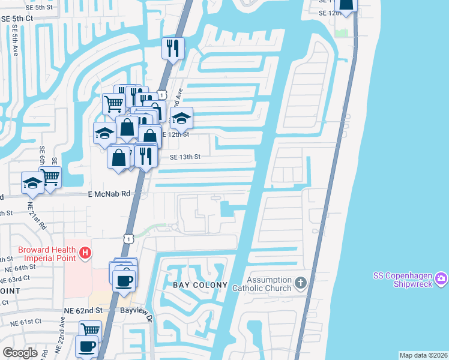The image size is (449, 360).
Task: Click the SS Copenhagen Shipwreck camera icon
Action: (x=441, y=278)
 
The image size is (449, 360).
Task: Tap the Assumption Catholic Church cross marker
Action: (x=301, y=282)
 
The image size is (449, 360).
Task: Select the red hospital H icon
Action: (x=85, y=253)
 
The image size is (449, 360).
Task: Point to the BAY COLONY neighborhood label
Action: (x=200, y=285)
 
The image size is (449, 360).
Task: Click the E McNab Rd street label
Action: (x=109, y=194)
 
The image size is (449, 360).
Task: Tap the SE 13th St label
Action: (x=184, y=157)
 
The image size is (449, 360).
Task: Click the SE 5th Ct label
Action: (x=17, y=19)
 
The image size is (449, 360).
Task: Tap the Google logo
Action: (x=20, y=353)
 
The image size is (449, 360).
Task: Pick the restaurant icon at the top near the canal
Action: (x=173, y=48)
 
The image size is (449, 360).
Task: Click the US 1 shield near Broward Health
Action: (x=128, y=239)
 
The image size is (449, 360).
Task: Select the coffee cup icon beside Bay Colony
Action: (x=124, y=280)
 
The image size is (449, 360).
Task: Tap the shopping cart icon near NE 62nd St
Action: (x=90, y=329)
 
